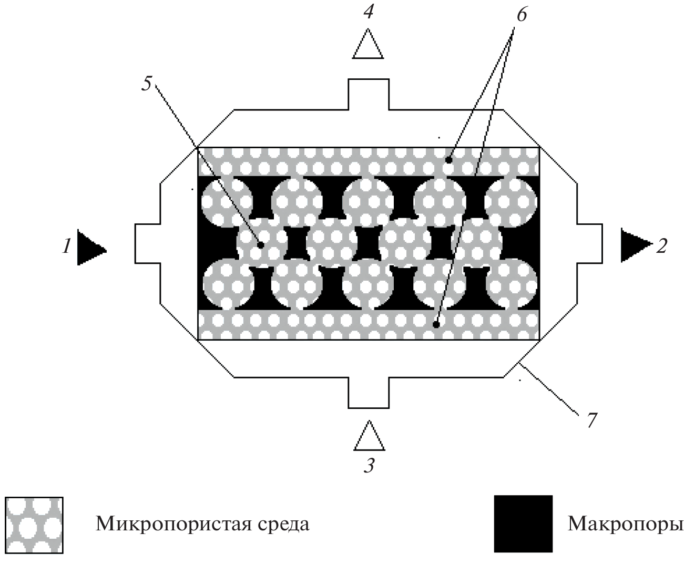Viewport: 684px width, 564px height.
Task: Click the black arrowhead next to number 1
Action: pos(90,247)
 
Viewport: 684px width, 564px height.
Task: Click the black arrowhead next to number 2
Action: pos(634,245)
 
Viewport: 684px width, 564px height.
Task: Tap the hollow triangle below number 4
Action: pos(368,45)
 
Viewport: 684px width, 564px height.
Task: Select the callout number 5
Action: pos(148,84)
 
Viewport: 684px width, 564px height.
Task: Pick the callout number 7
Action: pos(591,421)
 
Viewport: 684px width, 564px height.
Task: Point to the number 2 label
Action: pos(661,245)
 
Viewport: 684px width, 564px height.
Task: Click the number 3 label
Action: pos(370,466)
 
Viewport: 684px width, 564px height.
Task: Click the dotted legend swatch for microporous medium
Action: pos(34,525)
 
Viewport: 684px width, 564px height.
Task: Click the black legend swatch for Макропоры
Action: pos(523,524)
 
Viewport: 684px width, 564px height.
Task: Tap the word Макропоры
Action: pos(625,524)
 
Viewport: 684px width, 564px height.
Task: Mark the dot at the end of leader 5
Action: pos(260,244)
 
